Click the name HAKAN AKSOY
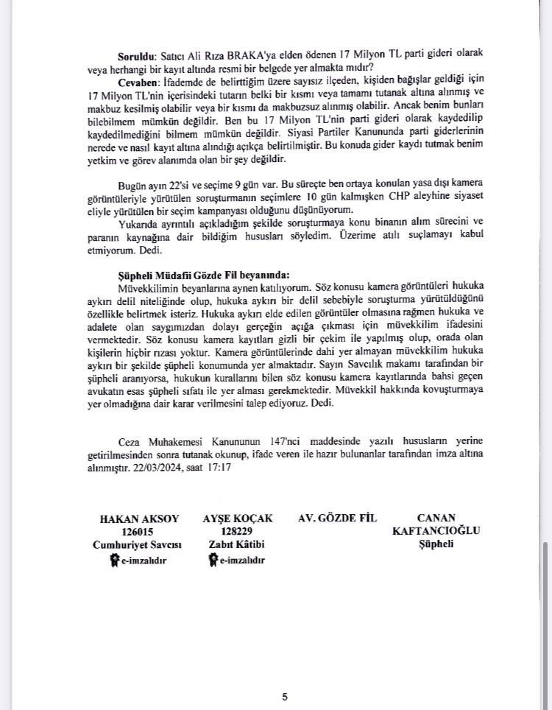[139, 519]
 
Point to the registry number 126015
[139, 531]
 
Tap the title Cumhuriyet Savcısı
[139, 544]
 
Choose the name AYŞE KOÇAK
[237, 519]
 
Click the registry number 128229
[237, 531]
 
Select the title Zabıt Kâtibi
[237, 544]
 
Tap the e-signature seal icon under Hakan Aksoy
[114, 560]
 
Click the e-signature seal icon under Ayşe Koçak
[212, 560]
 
